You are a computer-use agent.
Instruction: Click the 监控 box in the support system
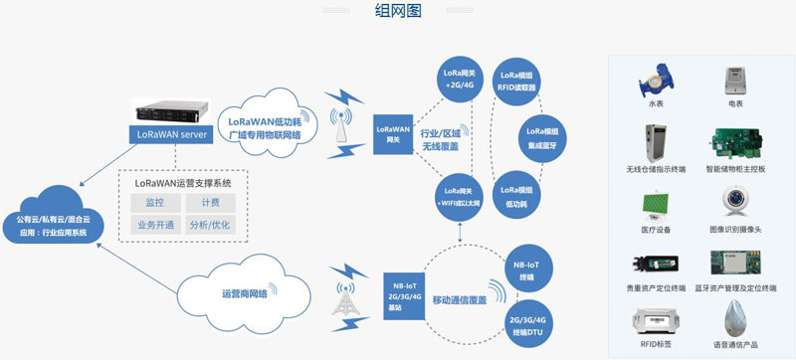point(154,202)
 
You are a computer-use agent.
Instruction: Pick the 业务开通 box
point(154,225)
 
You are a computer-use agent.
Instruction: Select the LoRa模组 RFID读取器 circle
point(518,81)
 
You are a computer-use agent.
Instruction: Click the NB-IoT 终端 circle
point(529,269)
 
